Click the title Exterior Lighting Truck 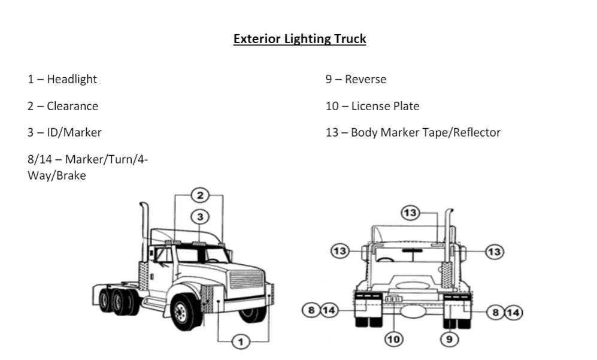pos(299,39)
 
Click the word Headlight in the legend pos(72,79)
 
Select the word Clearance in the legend pos(72,106)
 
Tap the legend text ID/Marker pos(74,132)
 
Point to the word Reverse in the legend pos(365,79)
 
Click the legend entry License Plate pos(385,106)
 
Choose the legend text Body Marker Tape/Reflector pos(426,132)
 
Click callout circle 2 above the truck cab pos(200,195)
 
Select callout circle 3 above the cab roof pos(200,217)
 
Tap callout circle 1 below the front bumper pos(241,341)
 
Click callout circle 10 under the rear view pos(393,339)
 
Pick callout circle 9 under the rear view pos(449,339)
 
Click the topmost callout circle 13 pos(410,213)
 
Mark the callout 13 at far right pos(494,252)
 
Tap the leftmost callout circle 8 pos(311,310)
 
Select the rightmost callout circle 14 pos(514,313)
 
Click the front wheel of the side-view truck pos(183,312)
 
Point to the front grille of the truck pos(246,280)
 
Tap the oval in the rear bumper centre pos(413,311)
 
